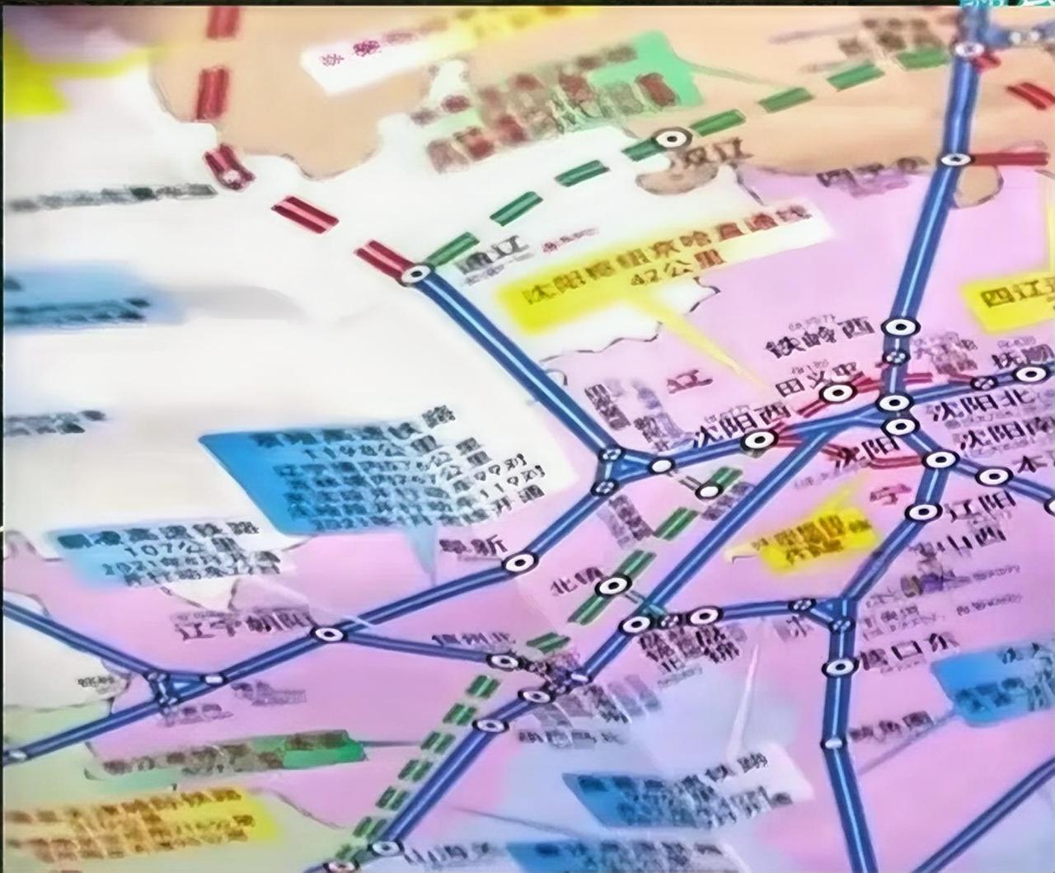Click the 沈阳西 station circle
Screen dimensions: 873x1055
pyautogui.click(x=753, y=442)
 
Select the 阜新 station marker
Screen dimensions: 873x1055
pyautogui.click(x=519, y=563)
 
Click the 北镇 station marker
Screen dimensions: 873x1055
pyautogui.click(x=610, y=586)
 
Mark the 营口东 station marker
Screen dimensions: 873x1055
pyautogui.click(x=841, y=666)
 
